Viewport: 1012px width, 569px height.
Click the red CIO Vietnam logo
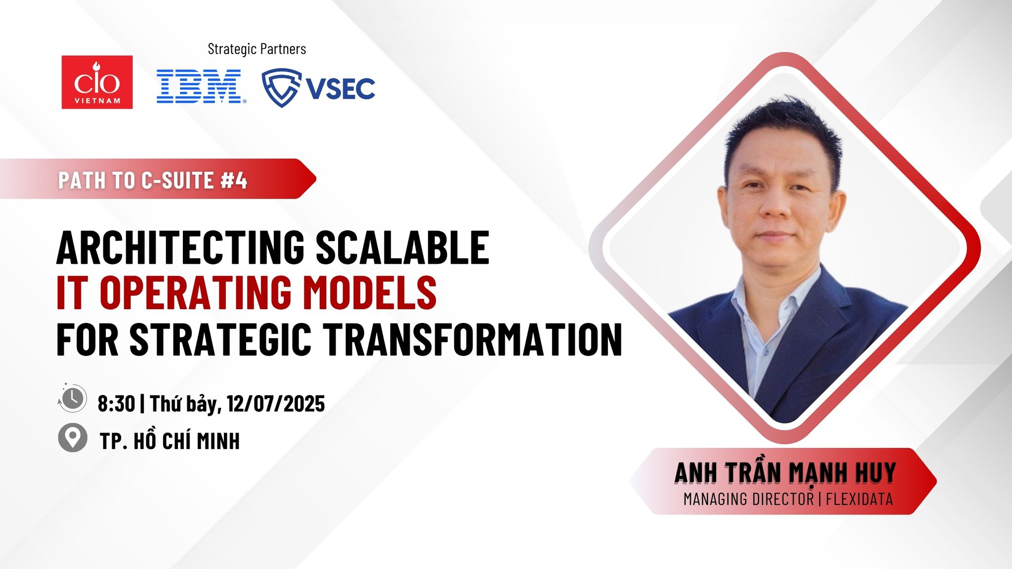coord(97,82)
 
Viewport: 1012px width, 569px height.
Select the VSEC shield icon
coord(281,87)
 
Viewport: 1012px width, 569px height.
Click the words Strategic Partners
coord(257,49)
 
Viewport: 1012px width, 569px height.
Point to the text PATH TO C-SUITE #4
coord(153,180)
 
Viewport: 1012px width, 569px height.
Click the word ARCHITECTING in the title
coord(180,247)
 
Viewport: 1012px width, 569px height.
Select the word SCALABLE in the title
coord(402,247)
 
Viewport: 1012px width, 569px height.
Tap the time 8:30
coord(116,404)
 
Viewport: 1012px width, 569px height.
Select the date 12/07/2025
coord(276,404)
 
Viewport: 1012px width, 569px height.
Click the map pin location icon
coord(73,438)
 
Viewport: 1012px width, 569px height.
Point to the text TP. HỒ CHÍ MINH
coord(170,440)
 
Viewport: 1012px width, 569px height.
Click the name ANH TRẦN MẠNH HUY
coord(785,472)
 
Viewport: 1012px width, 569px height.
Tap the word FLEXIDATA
coord(859,499)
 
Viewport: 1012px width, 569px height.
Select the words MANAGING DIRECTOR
coord(748,499)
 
